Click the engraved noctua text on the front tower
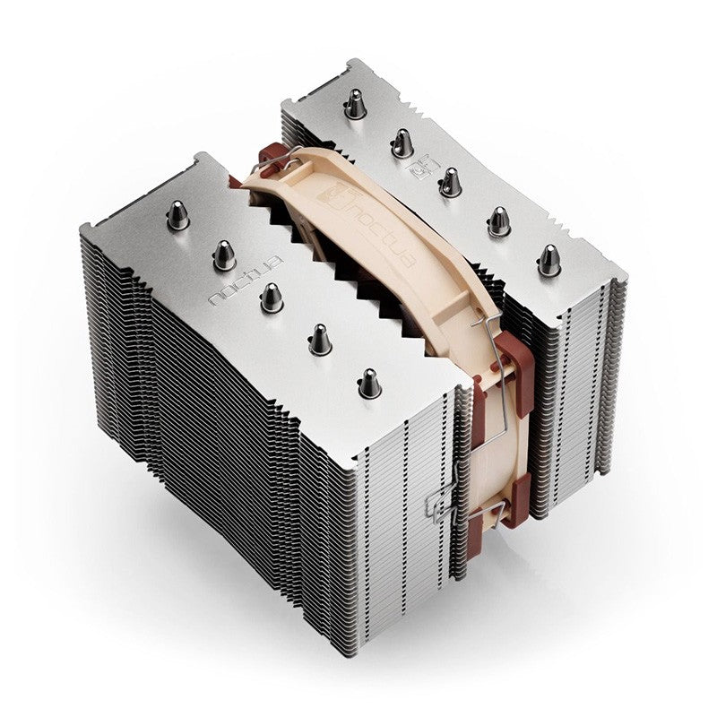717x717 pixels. (245, 278)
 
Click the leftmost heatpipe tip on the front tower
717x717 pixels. (178, 215)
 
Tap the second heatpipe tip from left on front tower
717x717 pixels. (224, 255)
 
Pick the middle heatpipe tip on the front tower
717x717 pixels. (272, 297)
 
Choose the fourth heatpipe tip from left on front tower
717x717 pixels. (320, 338)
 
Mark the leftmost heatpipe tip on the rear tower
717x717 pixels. (357, 105)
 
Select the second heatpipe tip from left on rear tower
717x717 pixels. (402, 142)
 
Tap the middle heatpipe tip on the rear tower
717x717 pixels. (450, 182)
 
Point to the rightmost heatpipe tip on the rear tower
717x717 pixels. (548, 260)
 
